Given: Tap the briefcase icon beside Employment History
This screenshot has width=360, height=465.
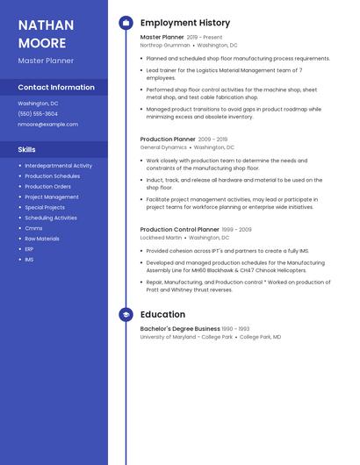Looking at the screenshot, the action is point(126,23).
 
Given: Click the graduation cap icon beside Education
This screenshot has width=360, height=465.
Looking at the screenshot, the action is point(126,314).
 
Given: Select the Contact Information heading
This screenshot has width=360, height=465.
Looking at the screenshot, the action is point(56,88).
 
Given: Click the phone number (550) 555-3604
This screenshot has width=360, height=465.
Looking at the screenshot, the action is point(38,114).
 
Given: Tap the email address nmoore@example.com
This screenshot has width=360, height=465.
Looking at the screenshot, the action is point(47,125).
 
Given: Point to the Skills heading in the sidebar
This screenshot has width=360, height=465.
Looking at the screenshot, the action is point(27,149).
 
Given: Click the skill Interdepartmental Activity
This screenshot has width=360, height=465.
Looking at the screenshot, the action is point(58,165).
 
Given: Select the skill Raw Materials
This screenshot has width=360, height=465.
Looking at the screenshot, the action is point(42,239).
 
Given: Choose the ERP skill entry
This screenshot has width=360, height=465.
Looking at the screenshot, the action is point(29,249).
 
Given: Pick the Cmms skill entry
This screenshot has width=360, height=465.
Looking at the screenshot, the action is point(33,228).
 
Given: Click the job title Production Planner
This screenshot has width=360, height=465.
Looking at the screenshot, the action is point(168,139).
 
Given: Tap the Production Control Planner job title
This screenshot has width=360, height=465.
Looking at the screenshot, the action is point(179,229).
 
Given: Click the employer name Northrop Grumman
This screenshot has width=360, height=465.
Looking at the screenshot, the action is point(164,45).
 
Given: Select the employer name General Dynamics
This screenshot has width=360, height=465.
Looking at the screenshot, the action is point(163,147).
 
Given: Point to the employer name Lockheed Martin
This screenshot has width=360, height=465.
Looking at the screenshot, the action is point(162,238).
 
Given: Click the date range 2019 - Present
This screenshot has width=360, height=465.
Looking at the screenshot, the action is point(205,38).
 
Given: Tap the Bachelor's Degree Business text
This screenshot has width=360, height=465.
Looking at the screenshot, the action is point(180,329).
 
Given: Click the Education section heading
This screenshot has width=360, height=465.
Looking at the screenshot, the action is point(162,314).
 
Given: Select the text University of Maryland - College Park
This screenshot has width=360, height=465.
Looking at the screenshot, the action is point(186,337).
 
